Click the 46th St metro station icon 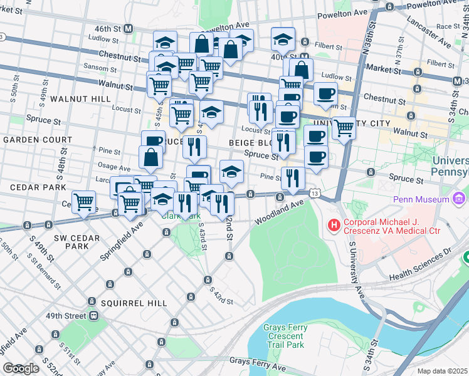pos(129,29)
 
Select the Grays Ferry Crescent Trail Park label pos(283,336)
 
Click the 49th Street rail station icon pos(93,315)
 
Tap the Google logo pos(21,368)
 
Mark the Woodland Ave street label pos(279,213)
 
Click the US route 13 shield pos(313,194)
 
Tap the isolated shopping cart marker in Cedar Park pos(83,202)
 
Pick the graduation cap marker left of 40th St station pos(283,39)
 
